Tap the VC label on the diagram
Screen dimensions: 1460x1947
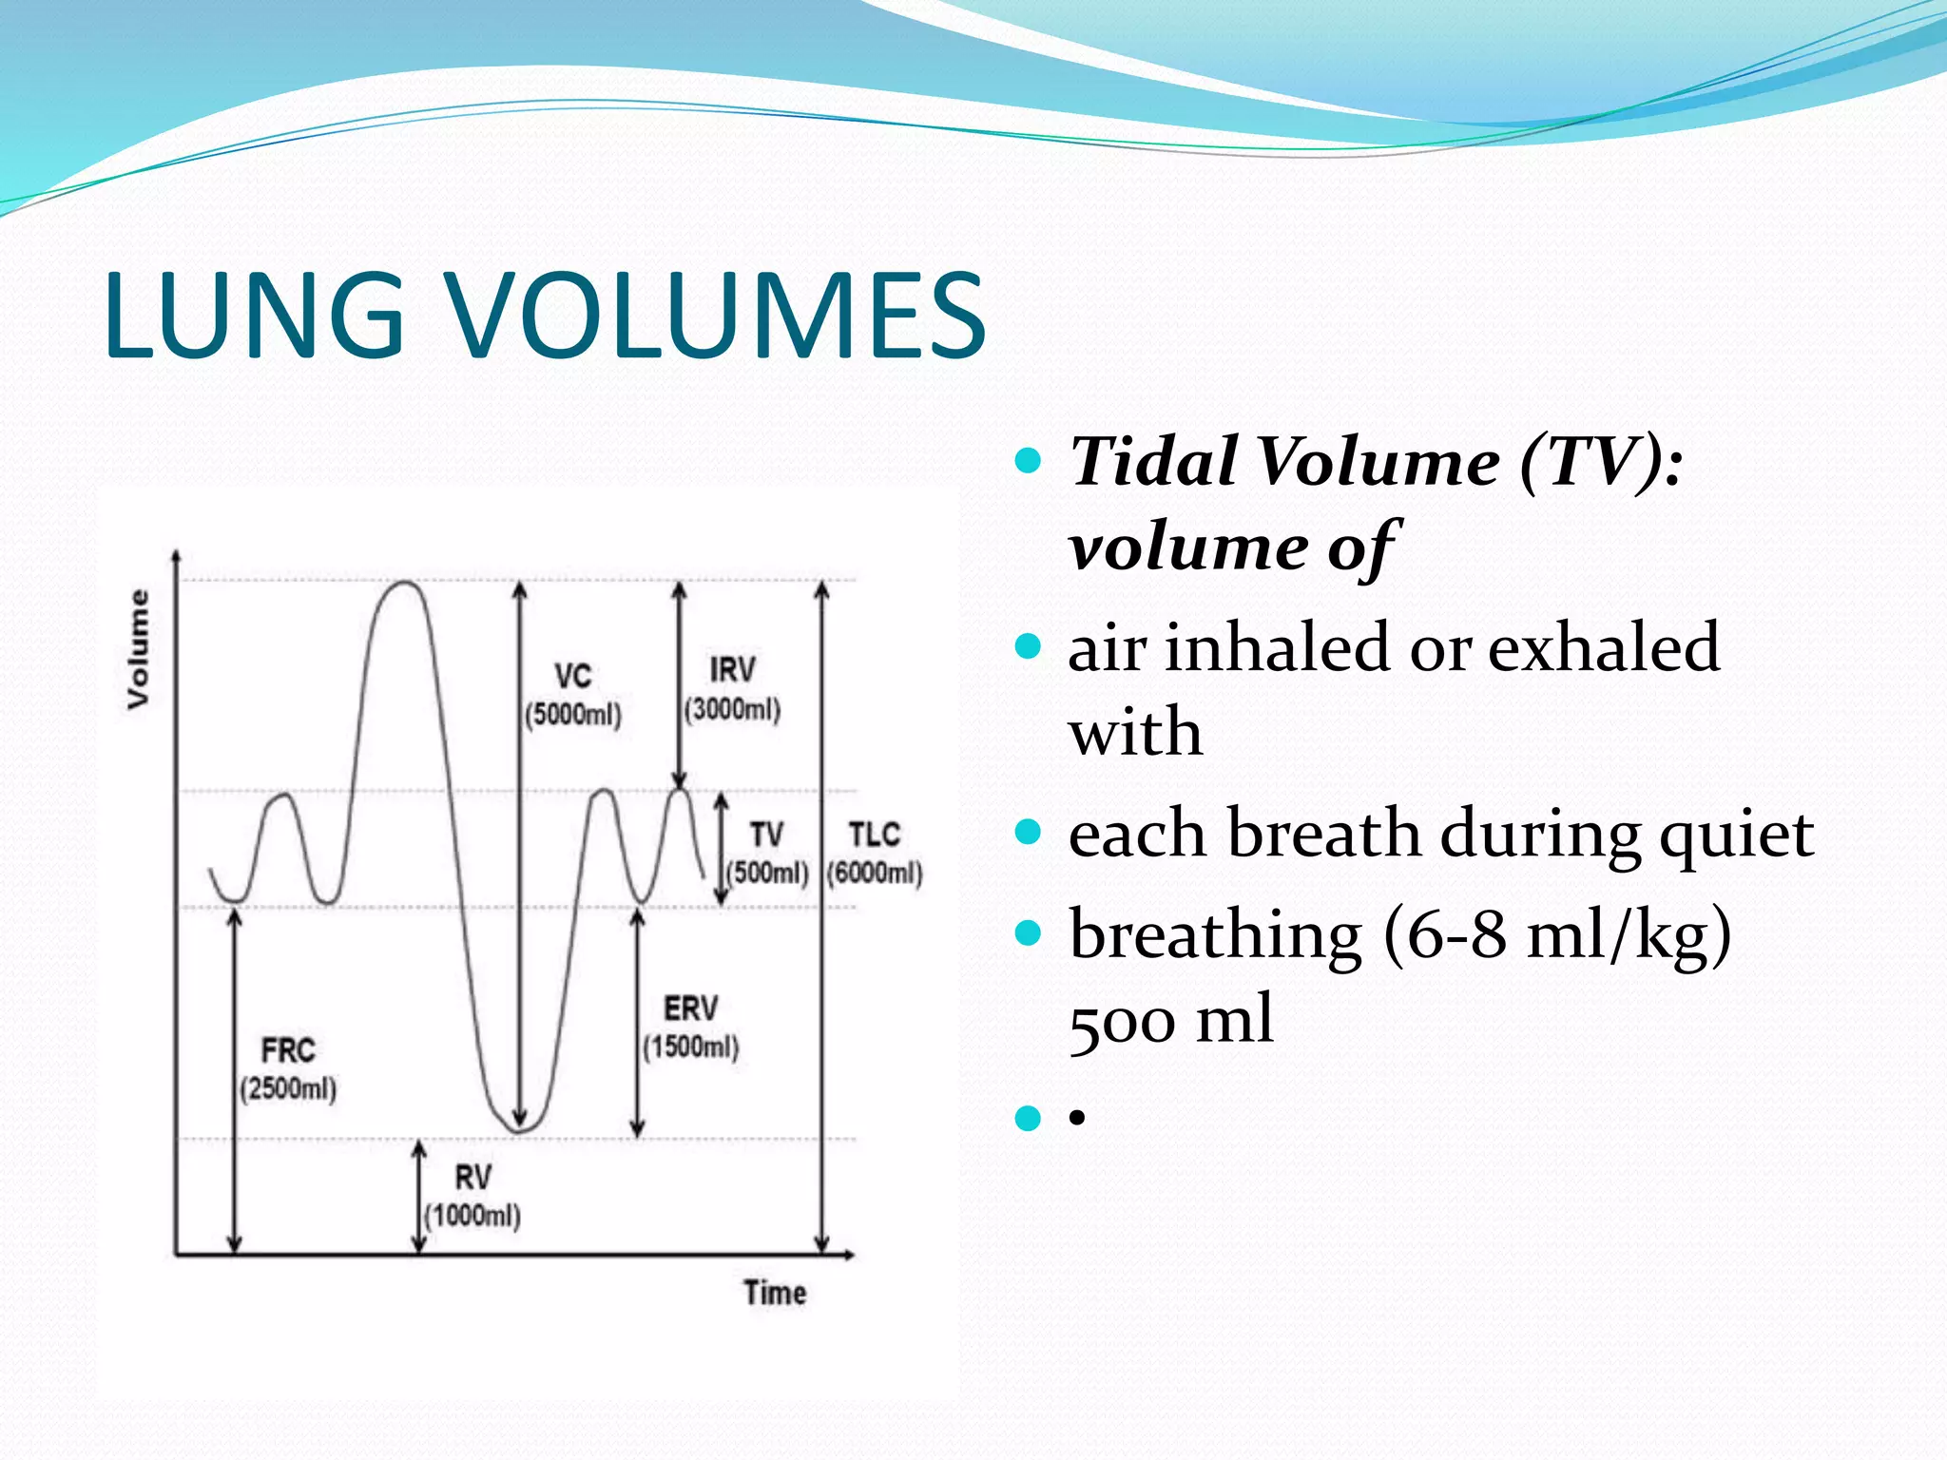tap(573, 677)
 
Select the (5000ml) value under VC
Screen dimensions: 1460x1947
tap(573, 715)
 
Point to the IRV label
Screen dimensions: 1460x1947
tap(732, 670)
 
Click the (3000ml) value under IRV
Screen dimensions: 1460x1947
tap(732, 709)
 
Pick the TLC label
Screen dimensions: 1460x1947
tap(874, 836)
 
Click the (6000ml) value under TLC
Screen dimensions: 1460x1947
tap(875, 873)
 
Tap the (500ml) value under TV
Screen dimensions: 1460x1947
tap(767, 873)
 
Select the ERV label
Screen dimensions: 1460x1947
tap(691, 1009)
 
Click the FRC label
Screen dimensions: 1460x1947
tap(288, 1051)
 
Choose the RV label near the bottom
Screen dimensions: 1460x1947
tap(472, 1179)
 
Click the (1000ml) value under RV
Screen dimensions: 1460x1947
tap(472, 1216)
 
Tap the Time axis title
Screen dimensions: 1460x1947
tap(775, 1294)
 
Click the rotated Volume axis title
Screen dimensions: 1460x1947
tap(139, 649)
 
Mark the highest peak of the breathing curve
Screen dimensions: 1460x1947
tap(405, 583)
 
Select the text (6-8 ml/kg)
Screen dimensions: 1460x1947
tap(1556, 935)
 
